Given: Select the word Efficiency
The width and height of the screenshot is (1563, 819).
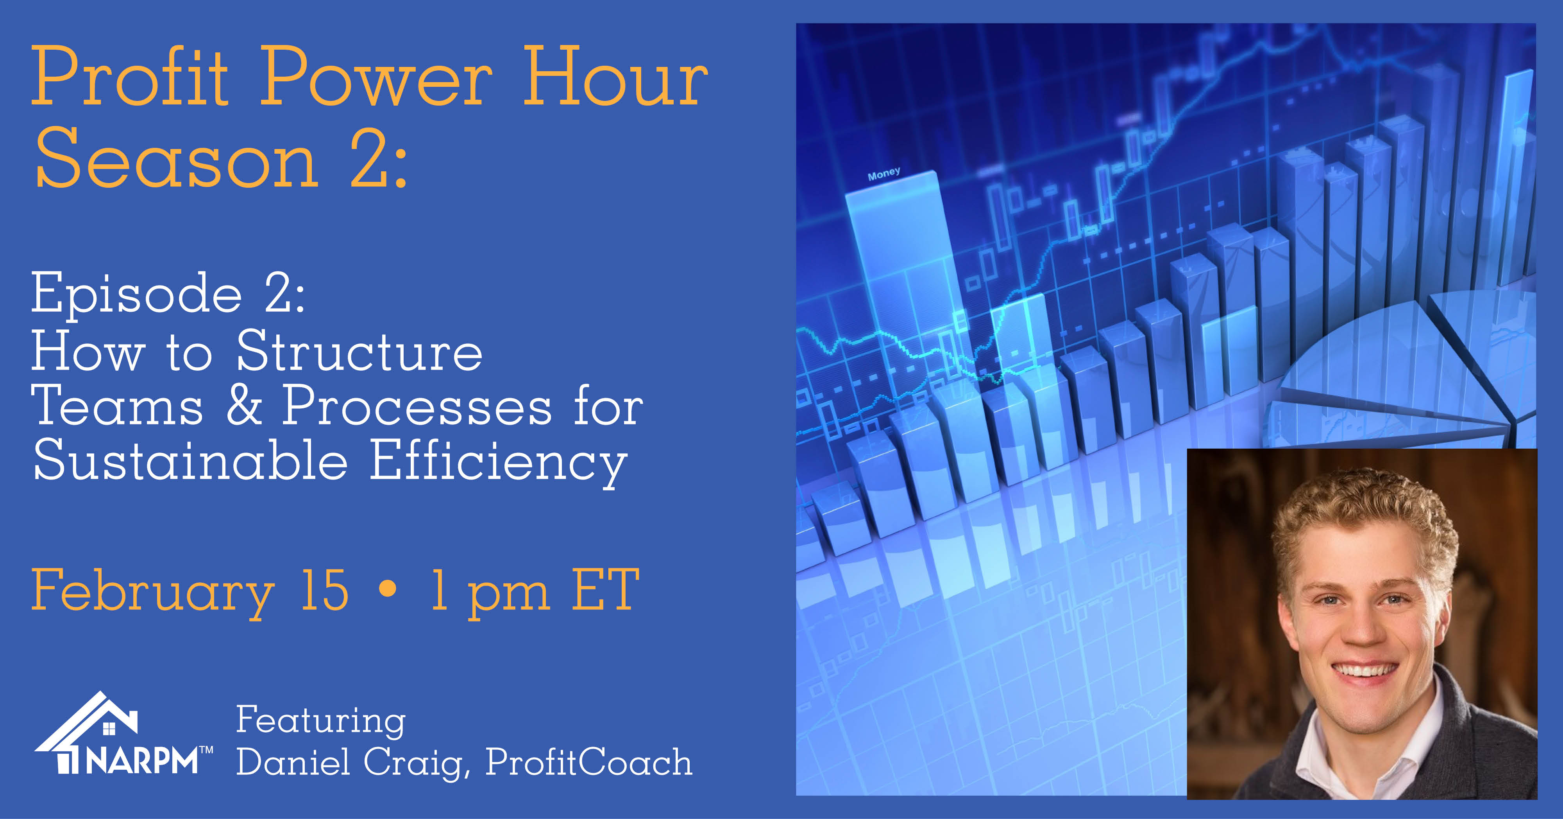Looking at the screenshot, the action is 499,462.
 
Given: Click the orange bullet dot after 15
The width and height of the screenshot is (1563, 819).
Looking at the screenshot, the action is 387,588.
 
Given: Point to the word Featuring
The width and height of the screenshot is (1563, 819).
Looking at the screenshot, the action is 320,721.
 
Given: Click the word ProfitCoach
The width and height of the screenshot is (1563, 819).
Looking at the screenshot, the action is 588,762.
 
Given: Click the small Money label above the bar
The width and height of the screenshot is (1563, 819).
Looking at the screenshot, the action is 884,174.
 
